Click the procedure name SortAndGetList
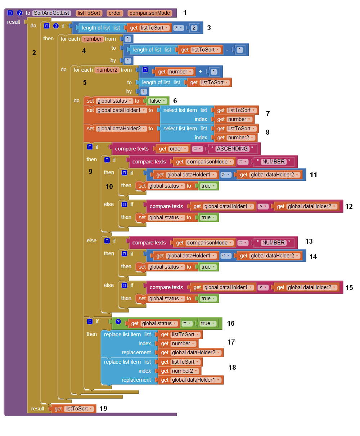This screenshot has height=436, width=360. pyautogui.click(x=51, y=13)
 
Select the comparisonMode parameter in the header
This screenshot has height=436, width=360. pyautogui.click(x=149, y=13)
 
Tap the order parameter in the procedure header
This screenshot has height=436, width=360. pyautogui.click(x=115, y=13)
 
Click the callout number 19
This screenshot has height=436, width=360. pyautogui.click(x=103, y=408)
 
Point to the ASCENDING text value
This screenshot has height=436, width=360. pyautogui.click(x=232, y=149)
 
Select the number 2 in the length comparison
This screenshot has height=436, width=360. pyautogui.click(x=194, y=28)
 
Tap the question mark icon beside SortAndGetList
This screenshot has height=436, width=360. pyautogui.click(x=19, y=13)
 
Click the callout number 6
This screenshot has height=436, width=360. pyautogui.click(x=175, y=101)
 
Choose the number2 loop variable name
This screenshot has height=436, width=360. pyautogui.click(x=107, y=70)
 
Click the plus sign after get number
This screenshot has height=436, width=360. pyautogui.click(x=201, y=72)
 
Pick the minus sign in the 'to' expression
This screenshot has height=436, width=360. pyautogui.click(x=227, y=50)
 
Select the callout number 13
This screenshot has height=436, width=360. pyautogui.click(x=309, y=241)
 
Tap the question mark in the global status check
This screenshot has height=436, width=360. pyautogui.click(x=118, y=322)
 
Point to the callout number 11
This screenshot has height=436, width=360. pyautogui.click(x=314, y=175)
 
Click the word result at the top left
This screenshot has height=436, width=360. pyautogui.click(x=14, y=22)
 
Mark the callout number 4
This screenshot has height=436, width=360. pyautogui.click(x=84, y=51)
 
